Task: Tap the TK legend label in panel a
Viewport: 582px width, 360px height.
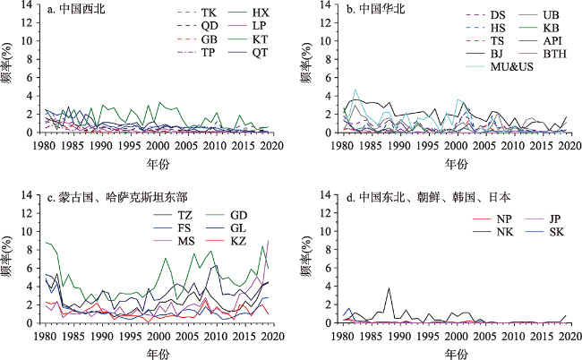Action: click(208, 13)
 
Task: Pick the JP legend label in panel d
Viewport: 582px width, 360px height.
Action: click(554, 219)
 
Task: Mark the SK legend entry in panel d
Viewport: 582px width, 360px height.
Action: click(554, 232)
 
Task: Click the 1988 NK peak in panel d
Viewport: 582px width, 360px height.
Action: click(389, 288)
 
